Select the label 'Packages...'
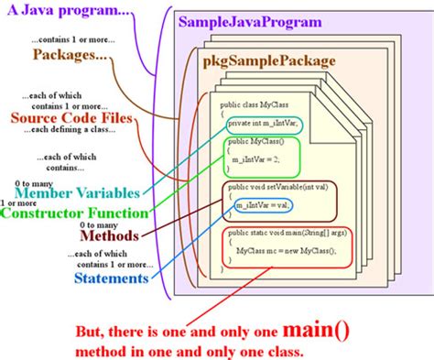(x=70, y=55)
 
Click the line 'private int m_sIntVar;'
(x=264, y=123)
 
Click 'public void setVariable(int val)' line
(x=275, y=188)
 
